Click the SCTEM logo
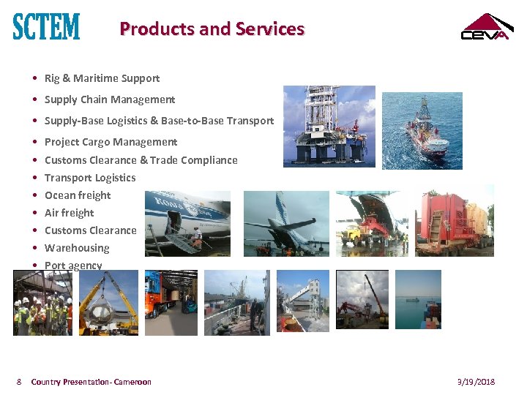tap(46, 27)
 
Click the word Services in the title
tap(270, 29)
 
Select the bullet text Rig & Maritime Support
tap(102, 78)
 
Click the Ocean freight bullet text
tap(78, 195)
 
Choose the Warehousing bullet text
tap(77, 248)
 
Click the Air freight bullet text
tap(70, 213)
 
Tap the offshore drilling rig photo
tap(329, 125)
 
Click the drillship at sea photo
tap(422, 130)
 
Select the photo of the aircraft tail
tap(286, 223)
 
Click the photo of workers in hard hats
tap(42, 303)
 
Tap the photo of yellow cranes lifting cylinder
tap(108, 303)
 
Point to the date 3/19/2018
tap(476, 382)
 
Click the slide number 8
tap(20, 382)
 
